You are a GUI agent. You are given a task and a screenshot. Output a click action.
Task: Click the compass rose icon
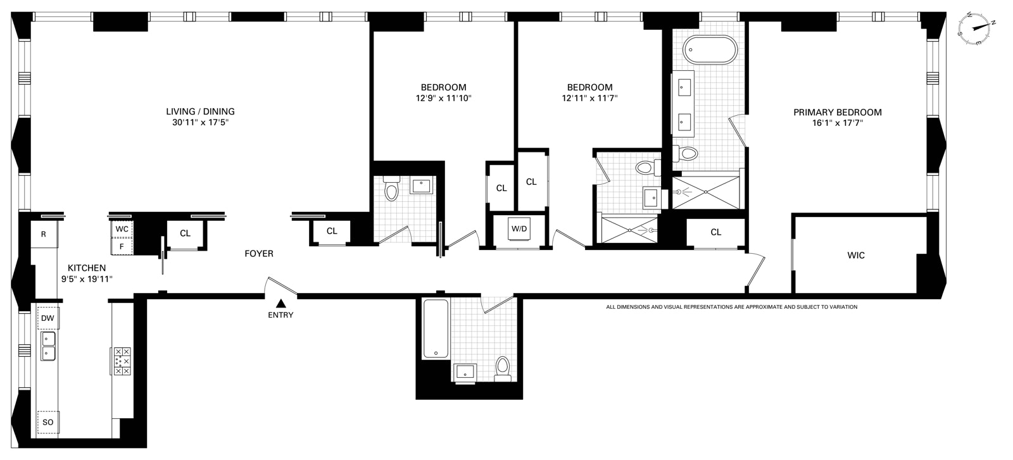tap(973, 28)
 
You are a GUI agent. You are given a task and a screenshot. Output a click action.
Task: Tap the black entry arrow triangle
tap(281, 303)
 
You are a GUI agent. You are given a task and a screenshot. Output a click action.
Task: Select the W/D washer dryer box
tap(519, 228)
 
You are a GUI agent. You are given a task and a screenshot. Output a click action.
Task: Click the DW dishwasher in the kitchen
tap(47, 318)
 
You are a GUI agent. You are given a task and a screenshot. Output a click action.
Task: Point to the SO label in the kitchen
tap(48, 423)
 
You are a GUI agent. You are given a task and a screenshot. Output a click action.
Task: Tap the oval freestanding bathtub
tap(710, 50)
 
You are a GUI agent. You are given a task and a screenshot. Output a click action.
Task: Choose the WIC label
tap(855, 255)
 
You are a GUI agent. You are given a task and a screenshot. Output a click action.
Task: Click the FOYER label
tap(259, 254)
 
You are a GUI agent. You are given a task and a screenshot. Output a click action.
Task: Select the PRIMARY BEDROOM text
tap(838, 112)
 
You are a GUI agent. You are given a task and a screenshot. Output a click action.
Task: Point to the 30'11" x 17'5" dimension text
tap(200, 123)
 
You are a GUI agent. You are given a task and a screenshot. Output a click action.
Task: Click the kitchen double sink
tap(48, 346)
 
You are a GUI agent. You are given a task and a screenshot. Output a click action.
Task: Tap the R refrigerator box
tap(44, 234)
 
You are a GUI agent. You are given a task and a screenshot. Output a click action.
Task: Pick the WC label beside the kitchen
tap(122, 229)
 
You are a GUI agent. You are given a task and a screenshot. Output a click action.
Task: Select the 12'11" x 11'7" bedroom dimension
tap(589, 98)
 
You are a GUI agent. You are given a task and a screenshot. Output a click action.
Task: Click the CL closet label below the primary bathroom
tap(715, 232)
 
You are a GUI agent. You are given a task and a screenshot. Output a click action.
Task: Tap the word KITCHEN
tap(87, 268)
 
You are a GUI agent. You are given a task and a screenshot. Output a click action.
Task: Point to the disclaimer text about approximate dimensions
tap(731, 307)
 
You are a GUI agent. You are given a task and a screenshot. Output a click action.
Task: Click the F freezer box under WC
tap(122, 247)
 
